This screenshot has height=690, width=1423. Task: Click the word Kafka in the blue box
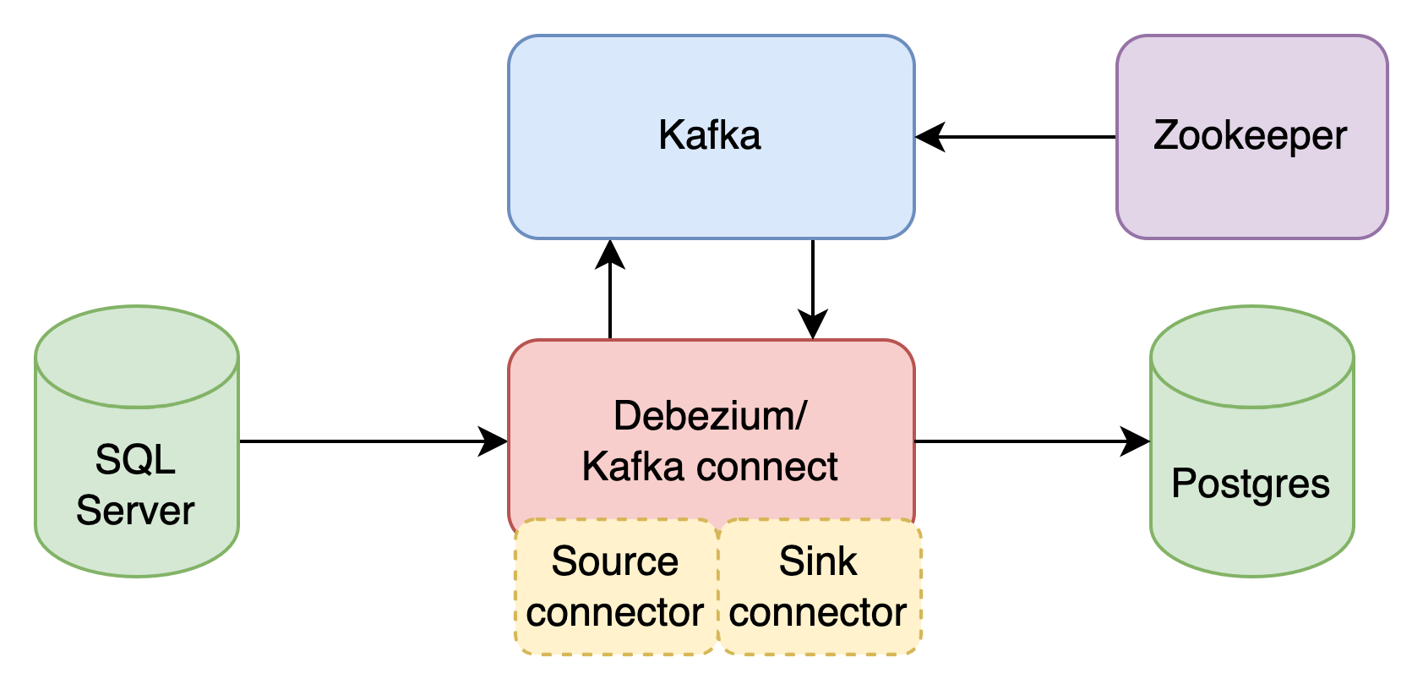point(709,135)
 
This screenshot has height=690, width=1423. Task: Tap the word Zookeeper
point(1250,136)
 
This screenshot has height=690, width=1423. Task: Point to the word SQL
point(135,460)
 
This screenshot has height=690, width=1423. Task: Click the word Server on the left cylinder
point(135,511)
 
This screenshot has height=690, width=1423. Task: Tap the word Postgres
point(1251,484)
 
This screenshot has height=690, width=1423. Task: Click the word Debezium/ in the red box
point(710,415)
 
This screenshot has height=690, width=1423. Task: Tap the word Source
point(614,561)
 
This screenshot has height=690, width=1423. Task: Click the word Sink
point(817,561)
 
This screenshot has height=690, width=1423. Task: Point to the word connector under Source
point(614,612)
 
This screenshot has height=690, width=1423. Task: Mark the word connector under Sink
point(817,612)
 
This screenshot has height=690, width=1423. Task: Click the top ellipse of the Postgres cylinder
point(1251,355)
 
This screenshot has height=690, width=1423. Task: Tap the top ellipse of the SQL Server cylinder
point(136,355)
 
